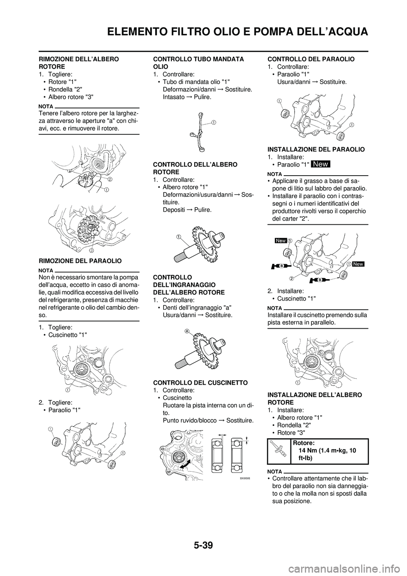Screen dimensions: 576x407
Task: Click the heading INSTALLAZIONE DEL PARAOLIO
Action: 316,149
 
